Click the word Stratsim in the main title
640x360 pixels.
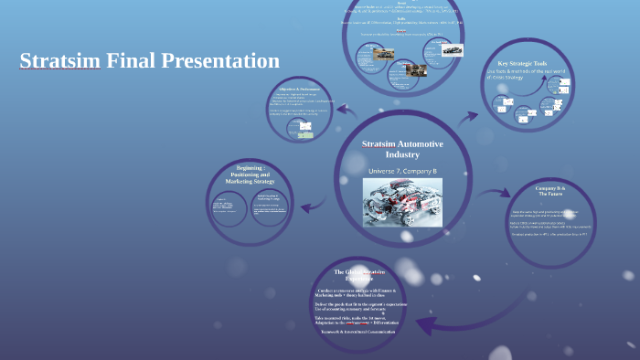click(x=60, y=61)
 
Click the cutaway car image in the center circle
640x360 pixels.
click(x=402, y=202)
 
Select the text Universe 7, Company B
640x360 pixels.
click(x=402, y=171)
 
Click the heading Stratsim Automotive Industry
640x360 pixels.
click(x=402, y=150)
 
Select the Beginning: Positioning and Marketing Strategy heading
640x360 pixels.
click(x=251, y=175)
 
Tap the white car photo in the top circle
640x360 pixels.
click(x=452, y=50)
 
